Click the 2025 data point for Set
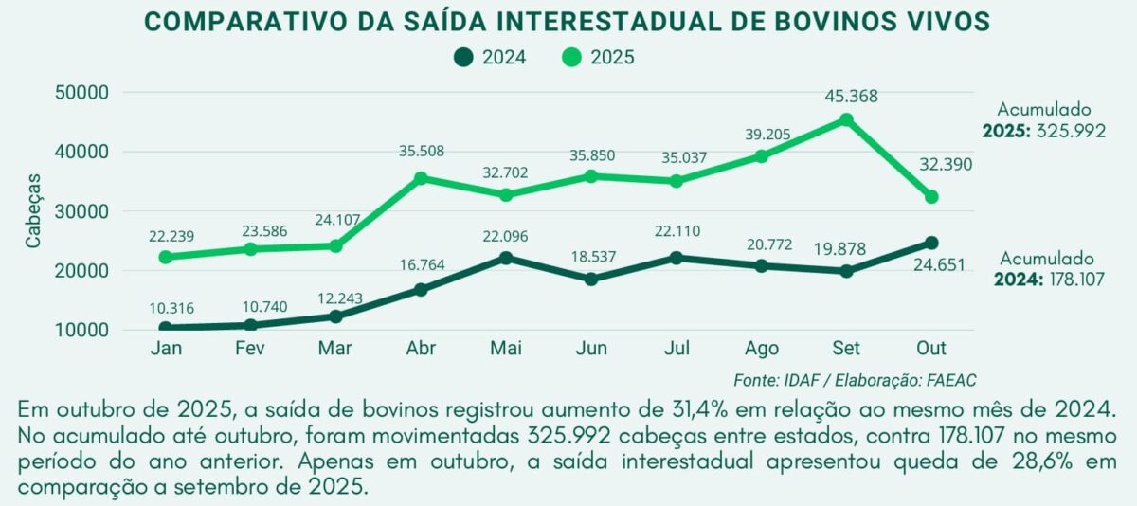846,120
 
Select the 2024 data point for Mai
506,258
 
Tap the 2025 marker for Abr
421,178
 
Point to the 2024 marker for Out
930,244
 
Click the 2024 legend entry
490,58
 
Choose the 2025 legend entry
598,58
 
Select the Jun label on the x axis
590,349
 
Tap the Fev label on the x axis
250,349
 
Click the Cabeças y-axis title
34,210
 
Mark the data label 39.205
762,134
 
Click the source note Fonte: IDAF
774,380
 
